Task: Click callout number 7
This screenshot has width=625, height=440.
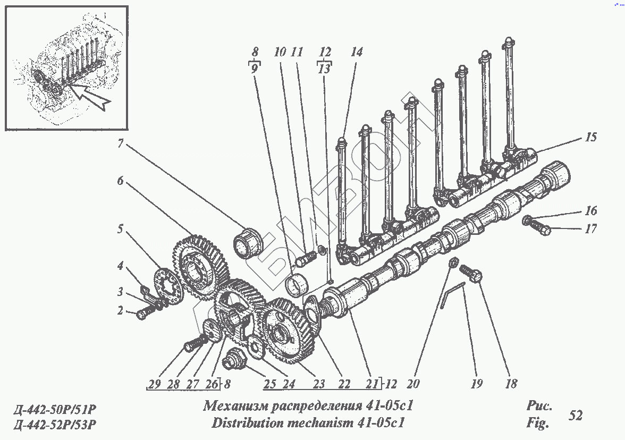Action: (x=121, y=143)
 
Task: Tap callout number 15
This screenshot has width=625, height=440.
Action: (x=590, y=137)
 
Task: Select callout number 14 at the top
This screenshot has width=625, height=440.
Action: (x=356, y=52)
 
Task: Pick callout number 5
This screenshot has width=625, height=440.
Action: (x=121, y=230)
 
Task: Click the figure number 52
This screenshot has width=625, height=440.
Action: (x=575, y=415)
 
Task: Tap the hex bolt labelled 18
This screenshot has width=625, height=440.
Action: (x=472, y=275)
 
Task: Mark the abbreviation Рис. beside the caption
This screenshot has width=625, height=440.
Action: (x=538, y=407)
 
